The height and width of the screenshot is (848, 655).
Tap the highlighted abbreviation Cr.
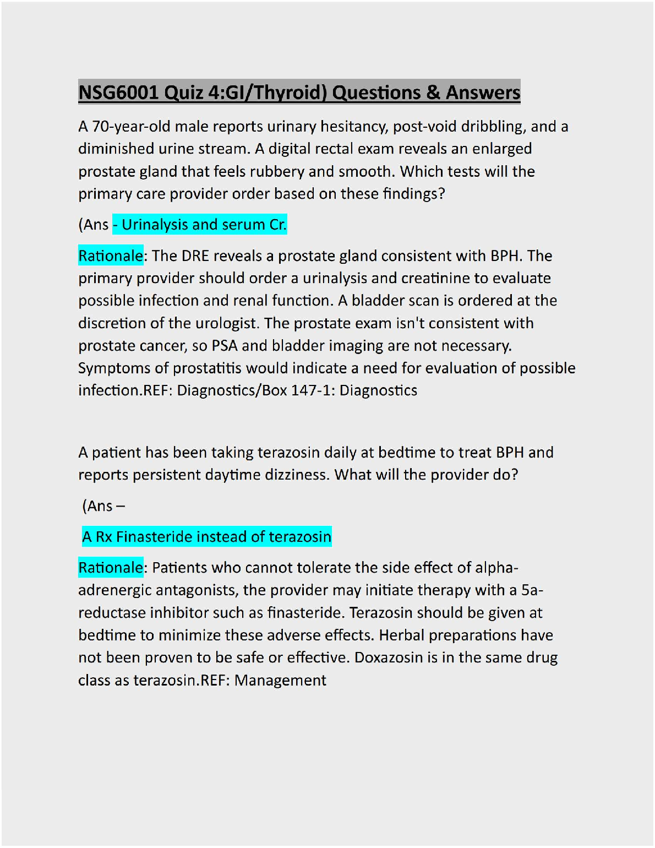(x=277, y=225)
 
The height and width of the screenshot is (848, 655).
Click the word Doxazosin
(x=380, y=658)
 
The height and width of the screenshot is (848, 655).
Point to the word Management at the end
(x=280, y=681)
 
